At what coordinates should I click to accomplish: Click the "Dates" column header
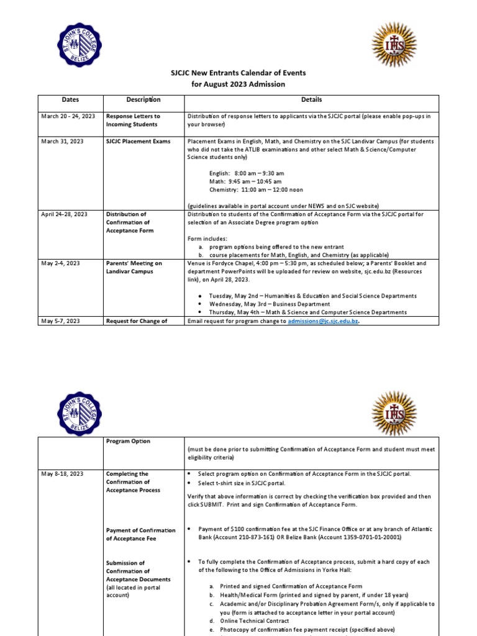point(70,99)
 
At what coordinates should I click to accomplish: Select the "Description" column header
point(143,99)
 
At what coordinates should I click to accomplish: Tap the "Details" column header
point(312,99)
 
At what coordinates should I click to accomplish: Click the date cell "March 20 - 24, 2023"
point(68,116)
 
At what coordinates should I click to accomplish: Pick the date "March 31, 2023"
point(62,142)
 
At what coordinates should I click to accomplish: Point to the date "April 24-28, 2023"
point(65,214)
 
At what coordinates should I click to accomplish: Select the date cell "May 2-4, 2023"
point(60,263)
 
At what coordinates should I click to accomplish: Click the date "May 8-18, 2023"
point(61,474)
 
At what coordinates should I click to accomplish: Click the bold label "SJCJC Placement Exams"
point(138,142)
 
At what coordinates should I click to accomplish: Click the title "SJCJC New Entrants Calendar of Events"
point(238,73)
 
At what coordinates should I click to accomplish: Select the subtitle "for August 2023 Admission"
point(238,84)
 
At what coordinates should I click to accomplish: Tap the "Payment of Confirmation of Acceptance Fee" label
point(141,534)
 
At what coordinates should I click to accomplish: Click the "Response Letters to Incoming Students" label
point(133,120)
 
